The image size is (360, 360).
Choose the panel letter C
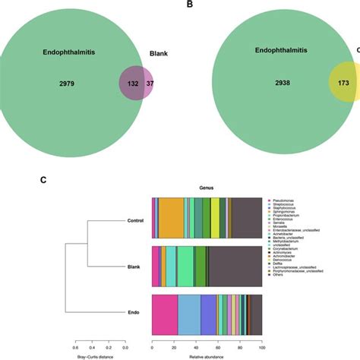43,180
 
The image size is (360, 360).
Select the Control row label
137,221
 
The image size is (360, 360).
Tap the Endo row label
141,313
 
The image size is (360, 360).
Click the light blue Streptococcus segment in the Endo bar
189,313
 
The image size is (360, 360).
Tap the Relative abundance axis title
207,354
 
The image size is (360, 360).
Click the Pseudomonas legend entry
286,199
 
